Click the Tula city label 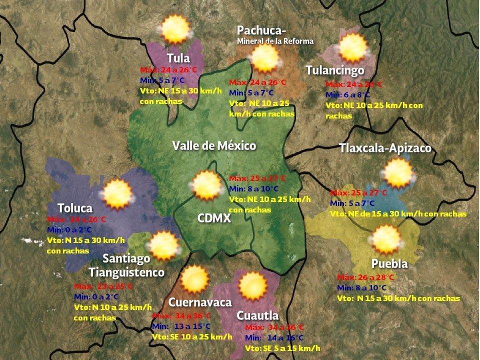click(x=178, y=57)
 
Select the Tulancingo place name click(x=334, y=70)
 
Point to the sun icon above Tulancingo click(x=352, y=48)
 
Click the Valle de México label click(x=214, y=145)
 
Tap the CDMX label click(x=214, y=218)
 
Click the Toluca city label click(x=75, y=207)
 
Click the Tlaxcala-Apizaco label click(x=385, y=148)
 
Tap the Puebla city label click(x=389, y=263)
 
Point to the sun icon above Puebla click(x=386, y=239)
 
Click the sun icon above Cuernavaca click(x=194, y=279)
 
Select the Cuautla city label click(x=257, y=315)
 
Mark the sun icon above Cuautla click(x=252, y=286)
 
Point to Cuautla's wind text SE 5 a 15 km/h click(x=282, y=348)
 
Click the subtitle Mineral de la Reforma click(x=275, y=41)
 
